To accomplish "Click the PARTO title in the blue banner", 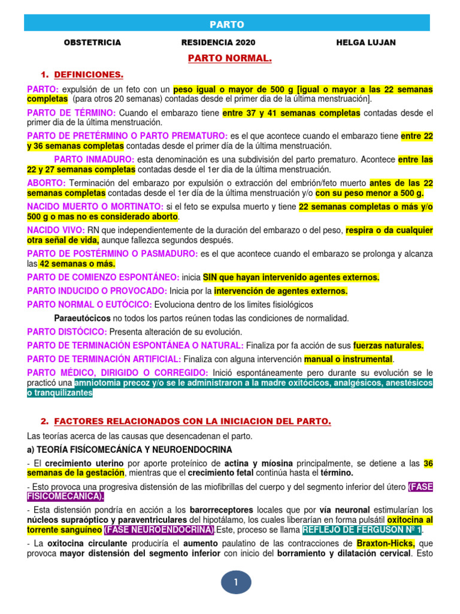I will pos(227,24).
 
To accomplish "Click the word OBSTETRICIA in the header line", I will pos(92,43).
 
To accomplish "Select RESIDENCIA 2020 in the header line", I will pos(218,43).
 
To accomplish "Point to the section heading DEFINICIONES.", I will pos(89,75).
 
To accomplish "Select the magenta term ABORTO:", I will pos(47,183).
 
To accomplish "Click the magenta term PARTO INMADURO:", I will pos(94,159).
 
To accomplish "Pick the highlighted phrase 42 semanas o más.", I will pos(78,263).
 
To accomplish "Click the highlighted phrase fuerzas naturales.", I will pos(388,345).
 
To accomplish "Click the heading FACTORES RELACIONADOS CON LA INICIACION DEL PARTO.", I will pos(192,422).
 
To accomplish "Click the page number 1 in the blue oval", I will pos(236,582).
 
